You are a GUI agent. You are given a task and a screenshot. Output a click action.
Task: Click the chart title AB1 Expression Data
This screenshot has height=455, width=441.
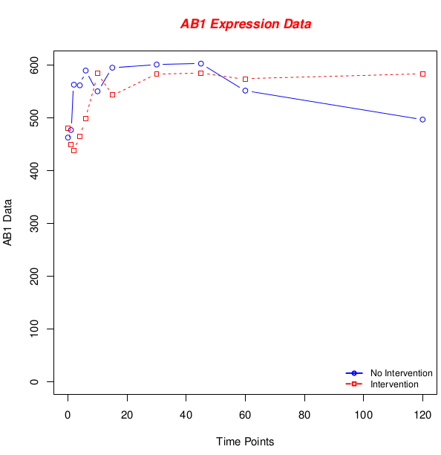tap(246, 24)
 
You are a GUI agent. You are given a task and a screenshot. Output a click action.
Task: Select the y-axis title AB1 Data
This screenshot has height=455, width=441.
tap(7, 222)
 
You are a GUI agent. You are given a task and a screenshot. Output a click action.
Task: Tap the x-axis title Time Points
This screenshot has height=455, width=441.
tap(245, 442)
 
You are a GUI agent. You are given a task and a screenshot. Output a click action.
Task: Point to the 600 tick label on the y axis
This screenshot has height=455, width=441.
tap(34, 65)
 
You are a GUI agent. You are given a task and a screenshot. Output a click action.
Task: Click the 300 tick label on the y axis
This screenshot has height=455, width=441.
tap(34, 224)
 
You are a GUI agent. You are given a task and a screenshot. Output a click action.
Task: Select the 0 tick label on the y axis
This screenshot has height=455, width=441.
tap(34, 381)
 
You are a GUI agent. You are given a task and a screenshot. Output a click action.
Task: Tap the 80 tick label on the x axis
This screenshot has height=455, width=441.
tap(304, 415)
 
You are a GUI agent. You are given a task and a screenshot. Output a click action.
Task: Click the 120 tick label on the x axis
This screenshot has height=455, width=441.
tap(422, 415)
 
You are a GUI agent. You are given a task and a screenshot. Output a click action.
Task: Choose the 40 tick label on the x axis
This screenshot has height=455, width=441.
tap(186, 415)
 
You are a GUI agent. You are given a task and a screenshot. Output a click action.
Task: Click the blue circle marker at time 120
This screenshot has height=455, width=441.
tap(422, 120)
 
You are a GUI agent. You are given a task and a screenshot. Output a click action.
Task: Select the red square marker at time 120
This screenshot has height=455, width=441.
tap(422, 74)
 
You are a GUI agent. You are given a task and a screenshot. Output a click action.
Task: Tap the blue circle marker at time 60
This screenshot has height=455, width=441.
tap(245, 91)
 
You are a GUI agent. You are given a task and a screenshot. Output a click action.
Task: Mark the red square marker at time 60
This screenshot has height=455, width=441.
tap(245, 80)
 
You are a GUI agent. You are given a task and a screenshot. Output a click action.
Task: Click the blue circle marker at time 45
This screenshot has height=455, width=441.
tap(200, 63)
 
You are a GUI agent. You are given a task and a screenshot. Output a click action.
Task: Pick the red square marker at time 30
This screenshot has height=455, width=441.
tap(157, 74)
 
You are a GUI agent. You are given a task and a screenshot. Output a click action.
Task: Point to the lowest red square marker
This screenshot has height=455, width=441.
tap(74, 151)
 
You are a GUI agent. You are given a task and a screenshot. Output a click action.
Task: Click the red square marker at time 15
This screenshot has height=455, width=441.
tap(112, 95)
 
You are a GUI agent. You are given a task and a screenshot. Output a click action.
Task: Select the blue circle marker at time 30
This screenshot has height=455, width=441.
tap(157, 65)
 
